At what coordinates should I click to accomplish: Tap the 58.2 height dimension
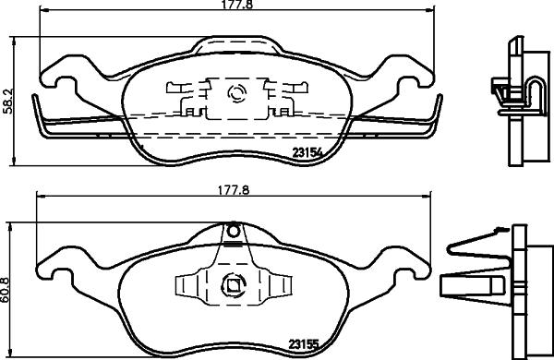pyautogui.click(x=8, y=99)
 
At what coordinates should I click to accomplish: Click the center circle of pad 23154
pyautogui.click(x=233, y=92)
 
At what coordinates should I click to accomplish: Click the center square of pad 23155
pyautogui.click(x=233, y=286)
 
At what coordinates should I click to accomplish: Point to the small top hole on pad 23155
pyautogui.click(x=233, y=230)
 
